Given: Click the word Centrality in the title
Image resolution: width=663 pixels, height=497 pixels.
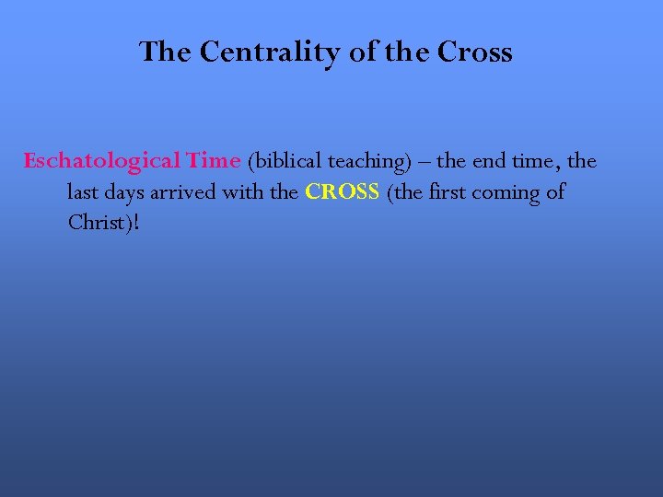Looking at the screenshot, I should [x=270, y=52].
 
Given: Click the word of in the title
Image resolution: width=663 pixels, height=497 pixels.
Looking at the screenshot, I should [x=363, y=52].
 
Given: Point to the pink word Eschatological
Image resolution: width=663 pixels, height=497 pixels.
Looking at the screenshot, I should [x=101, y=161].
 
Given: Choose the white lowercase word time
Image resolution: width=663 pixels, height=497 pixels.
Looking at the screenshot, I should [x=542, y=161].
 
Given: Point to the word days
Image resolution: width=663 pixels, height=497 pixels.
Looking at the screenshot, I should [x=126, y=193].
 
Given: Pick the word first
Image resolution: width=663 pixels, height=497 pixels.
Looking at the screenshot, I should [x=448, y=193].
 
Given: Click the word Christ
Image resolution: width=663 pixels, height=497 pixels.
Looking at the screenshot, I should [x=96, y=224].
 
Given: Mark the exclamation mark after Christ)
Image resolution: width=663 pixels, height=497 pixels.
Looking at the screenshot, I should [x=136, y=224].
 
